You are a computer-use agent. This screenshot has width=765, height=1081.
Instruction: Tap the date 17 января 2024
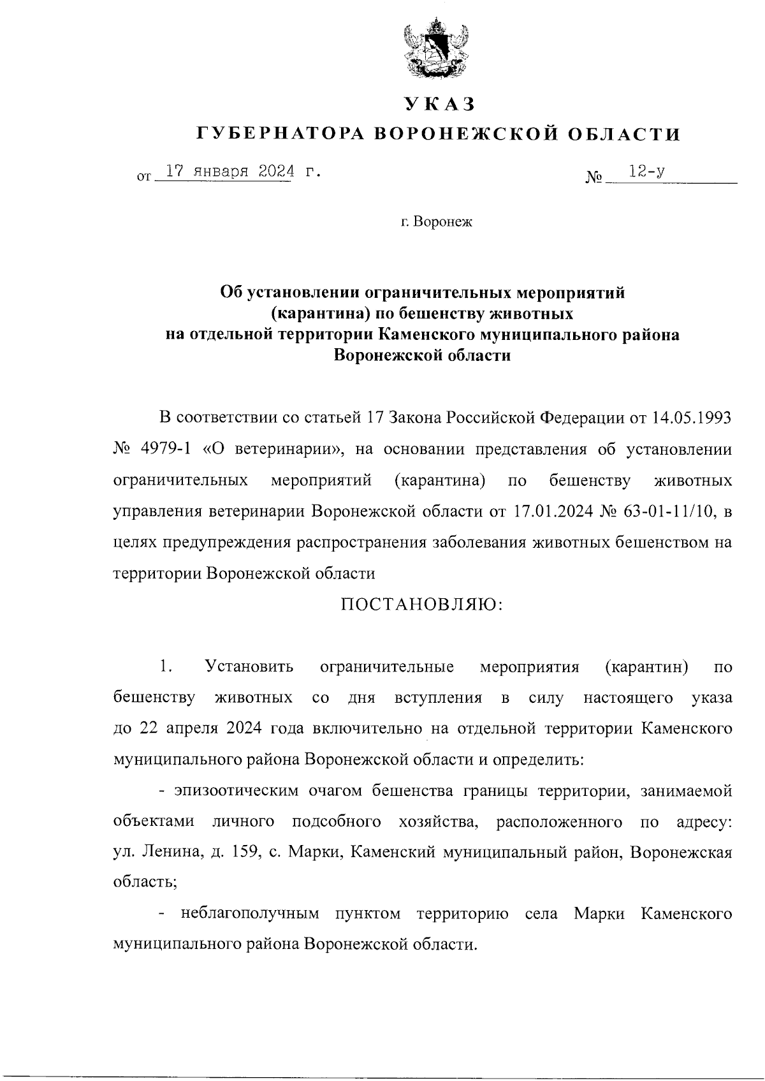[x=230, y=172]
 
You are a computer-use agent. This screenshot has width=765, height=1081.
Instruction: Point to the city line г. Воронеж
[x=437, y=223]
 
